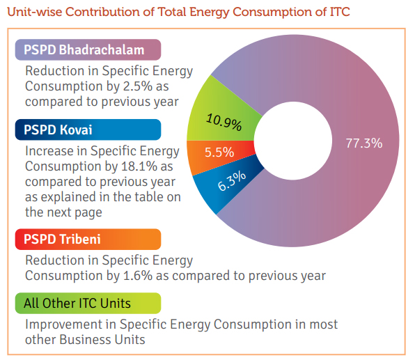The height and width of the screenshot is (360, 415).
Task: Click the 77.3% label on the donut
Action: pos(364,143)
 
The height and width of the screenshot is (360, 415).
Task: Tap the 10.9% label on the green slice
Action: pos(224,123)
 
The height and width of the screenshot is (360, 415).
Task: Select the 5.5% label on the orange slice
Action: pos(219,152)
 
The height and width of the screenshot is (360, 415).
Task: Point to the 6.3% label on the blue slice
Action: pos(232,181)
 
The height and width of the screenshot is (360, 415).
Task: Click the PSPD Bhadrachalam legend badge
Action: pos(88,49)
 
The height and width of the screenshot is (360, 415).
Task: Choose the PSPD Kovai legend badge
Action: pos(88,130)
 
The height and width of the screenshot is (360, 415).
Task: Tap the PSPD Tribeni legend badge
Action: pos(88,240)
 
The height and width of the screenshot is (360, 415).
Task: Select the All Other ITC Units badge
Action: pos(88,304)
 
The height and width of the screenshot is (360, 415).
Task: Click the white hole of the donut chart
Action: pos(292,141)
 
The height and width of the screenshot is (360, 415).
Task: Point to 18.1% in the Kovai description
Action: pos(139,166)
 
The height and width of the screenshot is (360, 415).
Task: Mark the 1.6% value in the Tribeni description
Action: pos(138,276)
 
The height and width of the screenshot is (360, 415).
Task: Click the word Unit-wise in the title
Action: pos(35,12)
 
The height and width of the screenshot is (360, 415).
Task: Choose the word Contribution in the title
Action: pos(109,12)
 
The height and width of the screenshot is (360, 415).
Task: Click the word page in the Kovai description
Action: pos(88,213)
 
